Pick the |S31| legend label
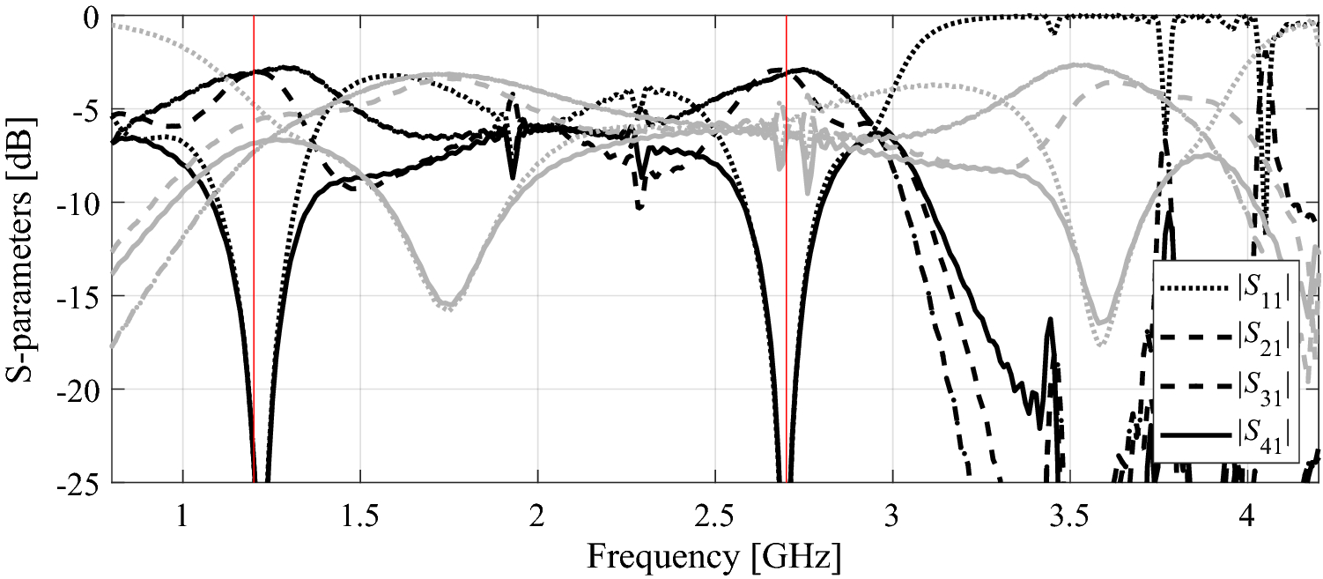click(x=1265, y=386)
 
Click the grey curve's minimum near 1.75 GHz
click(x=448, y=308)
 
